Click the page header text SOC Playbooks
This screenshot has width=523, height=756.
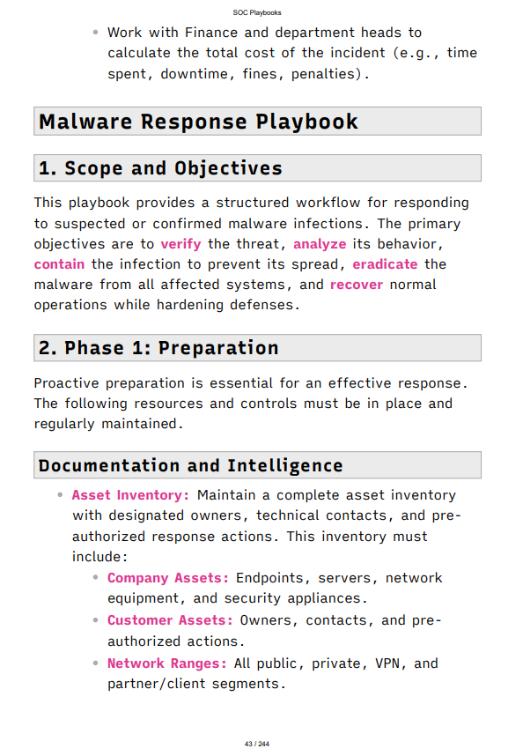[261, 11]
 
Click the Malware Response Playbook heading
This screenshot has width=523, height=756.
[198, 122]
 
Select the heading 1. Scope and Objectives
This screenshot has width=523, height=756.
[160, 168]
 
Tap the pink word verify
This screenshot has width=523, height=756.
[181, 244]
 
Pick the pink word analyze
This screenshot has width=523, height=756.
[320, 244]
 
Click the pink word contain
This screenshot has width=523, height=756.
[59, 264]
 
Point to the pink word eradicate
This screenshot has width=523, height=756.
[385, 264]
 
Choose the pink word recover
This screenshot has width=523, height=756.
[356, 285]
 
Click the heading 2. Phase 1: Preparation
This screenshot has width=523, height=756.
[158, 348]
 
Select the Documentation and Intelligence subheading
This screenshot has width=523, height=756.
[190, 465]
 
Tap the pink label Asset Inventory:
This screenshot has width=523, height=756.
[130, 495]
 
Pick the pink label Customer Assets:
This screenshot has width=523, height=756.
[170, 620]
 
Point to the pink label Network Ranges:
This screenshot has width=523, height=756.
[167, 663]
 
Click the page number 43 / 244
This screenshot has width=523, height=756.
[257, 744]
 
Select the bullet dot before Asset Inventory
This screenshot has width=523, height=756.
[60, 495]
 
